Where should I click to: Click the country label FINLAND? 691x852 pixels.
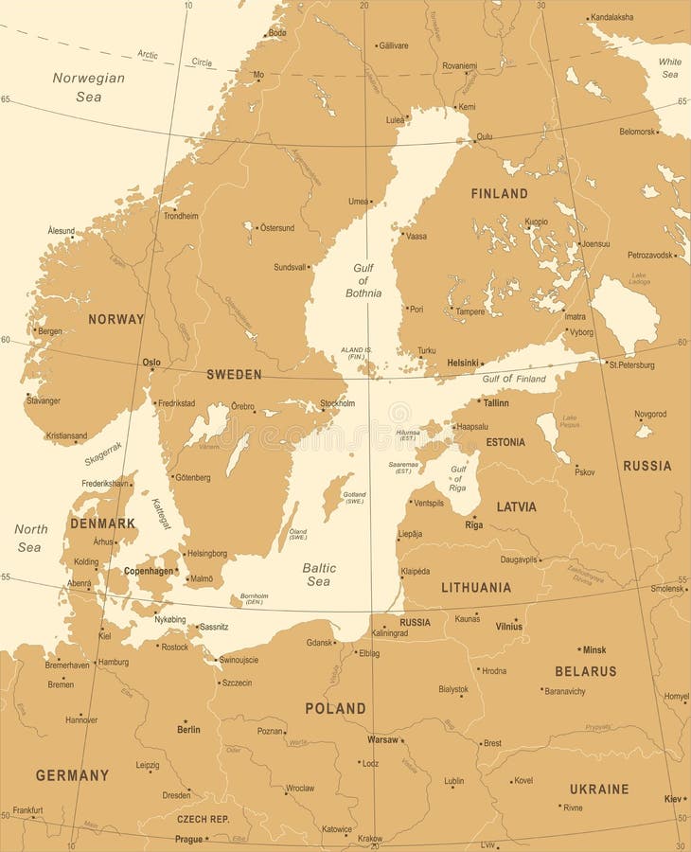click(499, 193)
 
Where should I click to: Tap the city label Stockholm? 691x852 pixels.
click(338, 403)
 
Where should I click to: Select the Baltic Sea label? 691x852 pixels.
click(319, 575)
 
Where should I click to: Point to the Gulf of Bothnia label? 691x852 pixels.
click(363, 280)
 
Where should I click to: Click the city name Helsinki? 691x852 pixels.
click(463, 363)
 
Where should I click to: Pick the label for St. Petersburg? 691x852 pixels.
click(631, 364)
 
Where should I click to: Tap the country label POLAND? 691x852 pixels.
click(335, 708)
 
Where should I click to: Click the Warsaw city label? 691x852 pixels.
click(382, 739)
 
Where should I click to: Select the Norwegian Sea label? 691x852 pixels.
click(88, 86)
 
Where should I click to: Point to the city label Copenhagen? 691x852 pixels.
click(149, 571)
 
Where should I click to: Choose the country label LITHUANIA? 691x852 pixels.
click(476, 587)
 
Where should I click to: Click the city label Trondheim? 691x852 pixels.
click(181, 216)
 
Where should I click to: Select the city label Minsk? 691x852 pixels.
click(594, 650)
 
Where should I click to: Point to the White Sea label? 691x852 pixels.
click(669, 67)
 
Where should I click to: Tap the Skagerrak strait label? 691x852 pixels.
click(103, 453)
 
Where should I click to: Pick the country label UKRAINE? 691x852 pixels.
click(599, 789)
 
